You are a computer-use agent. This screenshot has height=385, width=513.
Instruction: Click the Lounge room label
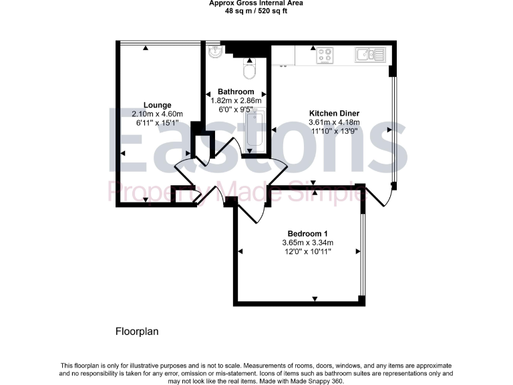pos(158,105)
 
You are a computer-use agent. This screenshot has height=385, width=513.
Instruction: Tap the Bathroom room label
pos(236,92)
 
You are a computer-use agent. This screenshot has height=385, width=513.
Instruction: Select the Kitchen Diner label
pos(334,113)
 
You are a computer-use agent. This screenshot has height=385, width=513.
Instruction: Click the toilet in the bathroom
pos(250,69)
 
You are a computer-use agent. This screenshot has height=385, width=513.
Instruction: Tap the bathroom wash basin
pos(215,52)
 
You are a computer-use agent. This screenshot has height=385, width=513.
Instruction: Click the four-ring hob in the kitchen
pos(325,55)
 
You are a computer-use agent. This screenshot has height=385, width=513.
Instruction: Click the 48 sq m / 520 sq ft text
pos(256,11)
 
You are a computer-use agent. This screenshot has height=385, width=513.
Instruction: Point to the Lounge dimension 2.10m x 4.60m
pos(158,114)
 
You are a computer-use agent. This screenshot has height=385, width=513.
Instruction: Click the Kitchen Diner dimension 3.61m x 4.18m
pos(334,122)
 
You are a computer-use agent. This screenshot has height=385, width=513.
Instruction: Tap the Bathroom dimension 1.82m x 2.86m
pos(236,100)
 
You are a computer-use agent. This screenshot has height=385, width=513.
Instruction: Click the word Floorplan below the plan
pos(137,331)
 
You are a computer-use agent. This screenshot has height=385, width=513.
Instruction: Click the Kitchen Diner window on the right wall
pos(394,127)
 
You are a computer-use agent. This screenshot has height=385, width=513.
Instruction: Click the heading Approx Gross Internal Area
pos(256,3)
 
